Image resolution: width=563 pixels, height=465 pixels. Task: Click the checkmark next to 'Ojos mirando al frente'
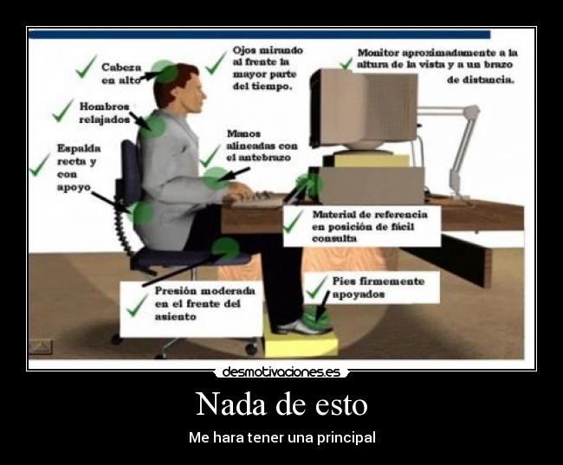(217, 62)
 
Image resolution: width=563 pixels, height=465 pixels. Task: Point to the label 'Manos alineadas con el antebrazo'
(261, 145)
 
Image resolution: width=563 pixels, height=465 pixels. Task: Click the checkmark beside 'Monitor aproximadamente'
(346, 62)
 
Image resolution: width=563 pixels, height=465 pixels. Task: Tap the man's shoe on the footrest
(302, 326)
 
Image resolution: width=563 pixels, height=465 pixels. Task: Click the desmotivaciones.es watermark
(281, 372)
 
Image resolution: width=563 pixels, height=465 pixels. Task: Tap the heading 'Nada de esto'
(281, 405)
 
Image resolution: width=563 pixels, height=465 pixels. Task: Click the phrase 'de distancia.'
(481, 80)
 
